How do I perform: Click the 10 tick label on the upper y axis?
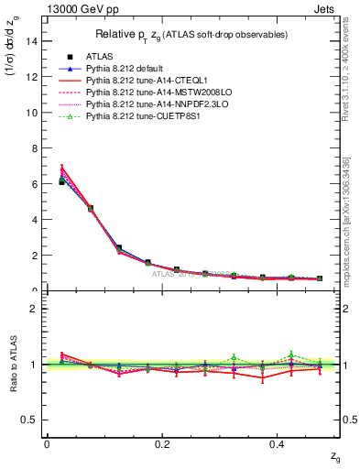click(32, 113)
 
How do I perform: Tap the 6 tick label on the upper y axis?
click(35, 184)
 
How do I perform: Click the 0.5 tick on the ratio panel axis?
click(31, 420)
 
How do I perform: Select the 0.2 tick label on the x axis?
click(162, 443)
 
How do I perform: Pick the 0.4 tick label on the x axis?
click(278, 443)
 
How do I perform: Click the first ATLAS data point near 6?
click(61, 182)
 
